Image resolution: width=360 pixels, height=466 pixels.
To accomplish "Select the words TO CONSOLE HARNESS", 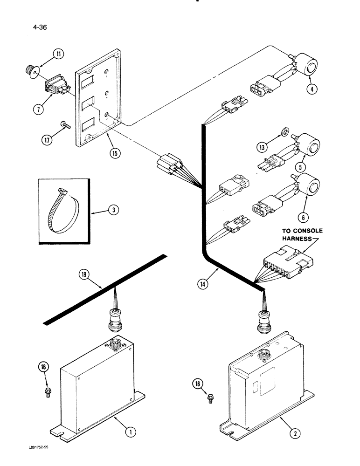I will pos(302,234).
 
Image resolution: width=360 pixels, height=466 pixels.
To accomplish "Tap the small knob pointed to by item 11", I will pos(30,71).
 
